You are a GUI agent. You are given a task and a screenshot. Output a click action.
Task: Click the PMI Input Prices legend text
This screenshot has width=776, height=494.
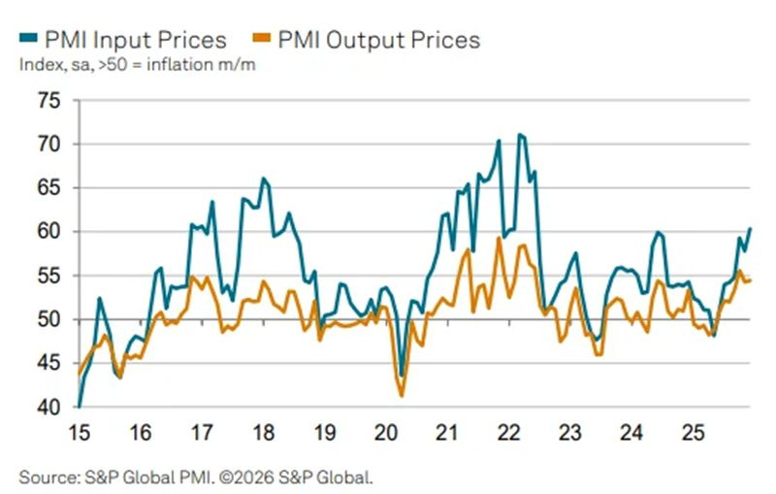tap(134, 40)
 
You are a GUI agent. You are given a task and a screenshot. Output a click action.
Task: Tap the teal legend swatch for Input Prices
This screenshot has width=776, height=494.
tap(26, 40)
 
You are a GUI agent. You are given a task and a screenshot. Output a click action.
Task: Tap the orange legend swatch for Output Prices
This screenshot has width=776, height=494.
tap(261, 40)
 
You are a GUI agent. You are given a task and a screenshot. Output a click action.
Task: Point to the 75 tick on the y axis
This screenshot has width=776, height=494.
tap(48, 101)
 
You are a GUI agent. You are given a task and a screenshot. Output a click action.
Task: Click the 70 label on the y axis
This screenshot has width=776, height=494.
tap(48, 145)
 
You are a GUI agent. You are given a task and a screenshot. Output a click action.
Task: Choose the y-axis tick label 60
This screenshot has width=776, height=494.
tap(48, 232)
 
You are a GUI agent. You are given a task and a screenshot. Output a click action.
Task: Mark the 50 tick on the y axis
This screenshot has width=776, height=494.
tap(48, 319)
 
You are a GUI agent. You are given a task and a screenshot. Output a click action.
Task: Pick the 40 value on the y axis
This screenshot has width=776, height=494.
tap(48, 407)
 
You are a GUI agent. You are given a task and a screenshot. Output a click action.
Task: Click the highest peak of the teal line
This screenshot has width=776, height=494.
tap(520, 134)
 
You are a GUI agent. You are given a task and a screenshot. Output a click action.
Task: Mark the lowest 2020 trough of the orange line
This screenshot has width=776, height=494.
tap(402, 395)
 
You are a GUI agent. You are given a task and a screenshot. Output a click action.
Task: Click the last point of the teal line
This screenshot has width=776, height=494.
tap(750, 228)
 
